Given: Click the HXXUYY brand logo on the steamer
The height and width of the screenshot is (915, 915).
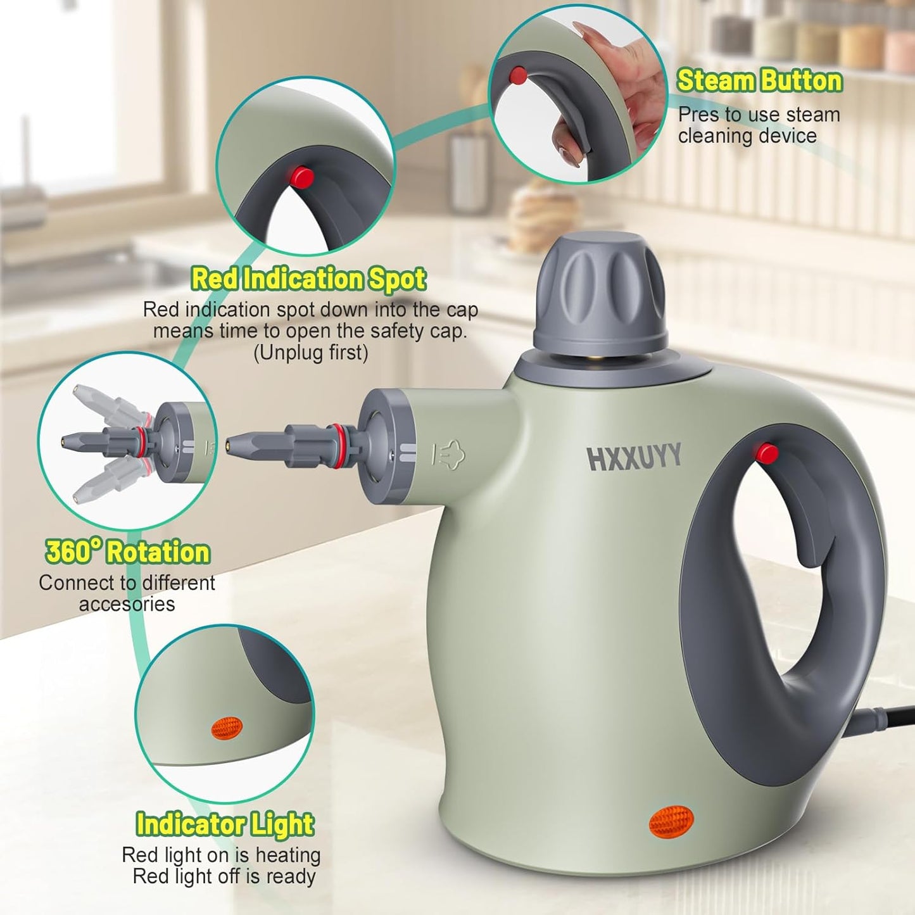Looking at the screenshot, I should pyautogui.click(x=634, y=457).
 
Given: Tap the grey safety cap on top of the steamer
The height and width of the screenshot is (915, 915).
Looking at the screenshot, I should pyautogui.click(x=600, y=292).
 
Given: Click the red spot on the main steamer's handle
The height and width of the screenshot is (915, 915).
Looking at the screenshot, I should pyautogui.click(x=766, y=453).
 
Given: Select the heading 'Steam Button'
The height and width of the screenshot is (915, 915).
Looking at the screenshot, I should pyautogui.click(x=759, y=81).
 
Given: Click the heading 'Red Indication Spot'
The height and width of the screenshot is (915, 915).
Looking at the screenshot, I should pyautogui.click(x=308, y=279).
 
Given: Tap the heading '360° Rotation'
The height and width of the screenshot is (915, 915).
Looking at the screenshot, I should pyautogui.click(x=127, y=552).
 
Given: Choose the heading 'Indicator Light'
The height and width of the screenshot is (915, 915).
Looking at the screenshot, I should pyautogui.click(x=225, y=824).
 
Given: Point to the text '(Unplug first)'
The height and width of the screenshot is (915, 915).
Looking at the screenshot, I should pyautogui.click(x=310, y=352).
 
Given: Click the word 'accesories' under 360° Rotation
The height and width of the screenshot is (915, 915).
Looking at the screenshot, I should pyautogui.click(x=127, y=604).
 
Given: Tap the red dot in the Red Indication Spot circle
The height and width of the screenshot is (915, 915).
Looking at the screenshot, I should pyautogui.click(x=302, y=177).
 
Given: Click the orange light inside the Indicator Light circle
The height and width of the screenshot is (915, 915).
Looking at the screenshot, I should pyautogui.click(x=227, y=728).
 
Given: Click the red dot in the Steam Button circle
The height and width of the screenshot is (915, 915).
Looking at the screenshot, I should pyautogui.click(x=518, y=75).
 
